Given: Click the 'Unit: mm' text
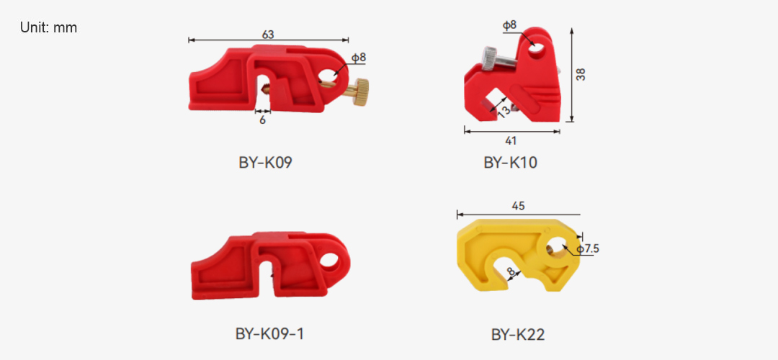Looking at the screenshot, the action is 49,28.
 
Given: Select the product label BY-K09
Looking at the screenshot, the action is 265,163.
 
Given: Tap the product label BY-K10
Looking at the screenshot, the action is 511,163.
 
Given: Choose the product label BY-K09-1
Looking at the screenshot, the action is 269,334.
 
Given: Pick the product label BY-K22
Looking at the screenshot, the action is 518,335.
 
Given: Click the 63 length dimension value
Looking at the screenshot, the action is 268,35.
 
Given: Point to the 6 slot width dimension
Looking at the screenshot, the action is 262,120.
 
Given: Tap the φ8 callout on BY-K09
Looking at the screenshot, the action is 359,58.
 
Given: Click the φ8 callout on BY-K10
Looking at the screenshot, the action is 509,25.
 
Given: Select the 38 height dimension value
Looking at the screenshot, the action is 581,74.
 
